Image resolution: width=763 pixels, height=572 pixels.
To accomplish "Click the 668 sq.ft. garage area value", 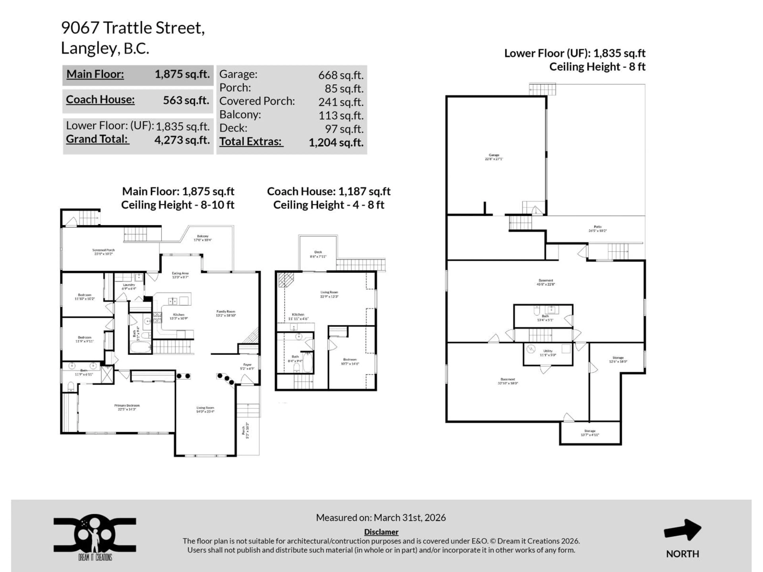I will tap(340, 75).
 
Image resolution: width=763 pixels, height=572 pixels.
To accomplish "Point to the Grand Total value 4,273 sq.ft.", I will tap(182, 140).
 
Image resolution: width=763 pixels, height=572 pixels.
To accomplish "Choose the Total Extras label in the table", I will tap(251, 142).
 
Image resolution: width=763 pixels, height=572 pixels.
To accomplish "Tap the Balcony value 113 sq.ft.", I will tap(341, 116).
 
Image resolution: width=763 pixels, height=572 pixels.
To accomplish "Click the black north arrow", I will tap(682, 530).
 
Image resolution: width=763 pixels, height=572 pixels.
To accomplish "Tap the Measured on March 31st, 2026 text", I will tap(381, 518).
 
